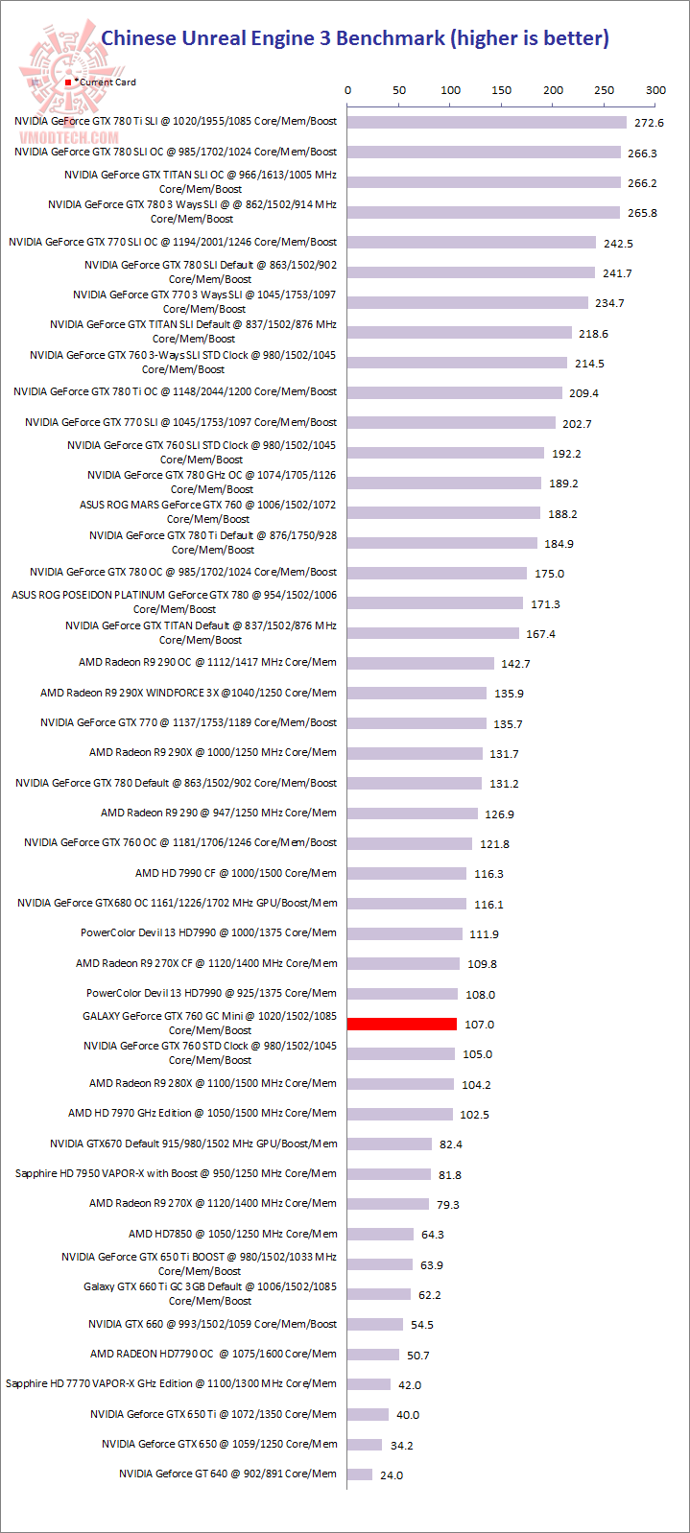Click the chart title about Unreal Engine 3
355,38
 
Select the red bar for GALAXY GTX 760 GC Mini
401,1024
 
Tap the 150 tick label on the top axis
502,90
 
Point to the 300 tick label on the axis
655,90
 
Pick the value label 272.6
649,123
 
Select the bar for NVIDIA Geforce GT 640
359,1474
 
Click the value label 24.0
392,1474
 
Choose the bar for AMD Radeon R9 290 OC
420,663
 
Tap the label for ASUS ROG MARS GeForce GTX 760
208,511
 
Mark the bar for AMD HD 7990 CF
407,873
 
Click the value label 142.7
515,664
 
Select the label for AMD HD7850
232,1234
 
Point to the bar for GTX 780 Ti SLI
487,122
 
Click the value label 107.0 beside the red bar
479,1025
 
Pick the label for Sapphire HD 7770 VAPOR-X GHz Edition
171,1383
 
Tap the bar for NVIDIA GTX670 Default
390,1144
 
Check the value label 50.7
417,1356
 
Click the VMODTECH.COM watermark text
68,137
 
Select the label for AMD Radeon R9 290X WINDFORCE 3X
188,693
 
